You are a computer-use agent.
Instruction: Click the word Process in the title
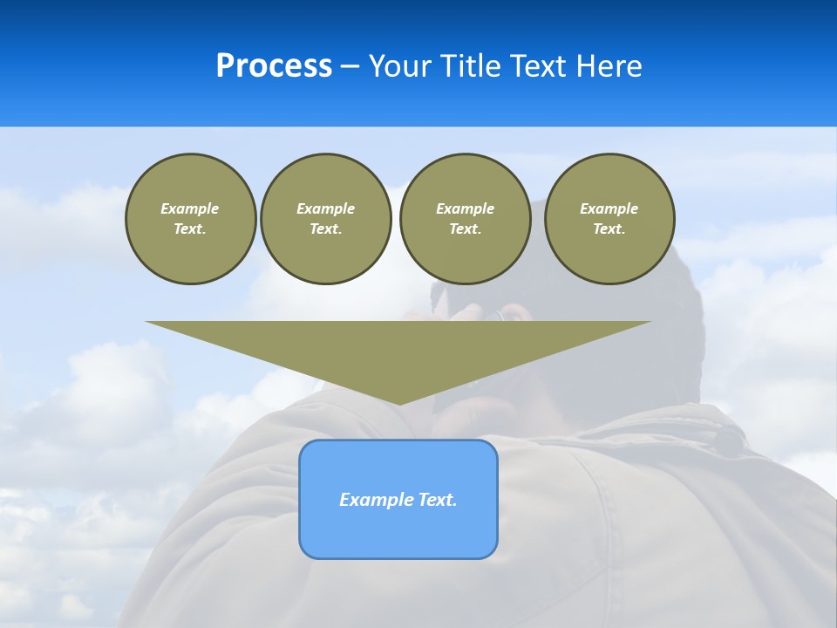click(x=274, y=66)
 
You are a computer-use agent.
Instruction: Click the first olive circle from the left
click(x=191, y=219)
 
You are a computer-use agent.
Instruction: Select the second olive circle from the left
click(x=326, y=219)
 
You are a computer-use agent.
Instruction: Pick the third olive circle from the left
click(x=466, y=219)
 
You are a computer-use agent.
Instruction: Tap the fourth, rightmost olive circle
click(x=609, y=219)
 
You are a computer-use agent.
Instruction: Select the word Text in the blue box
click(x=437, y=500)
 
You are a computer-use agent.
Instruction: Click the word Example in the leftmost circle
click(x=190, y=208)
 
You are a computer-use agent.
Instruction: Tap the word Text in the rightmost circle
click(x=609, y=229)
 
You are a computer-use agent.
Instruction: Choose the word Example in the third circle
click(x=465, y=208)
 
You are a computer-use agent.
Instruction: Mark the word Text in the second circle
click(x=325, y=229)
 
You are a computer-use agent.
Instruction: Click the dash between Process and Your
click(x=350, y=66)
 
